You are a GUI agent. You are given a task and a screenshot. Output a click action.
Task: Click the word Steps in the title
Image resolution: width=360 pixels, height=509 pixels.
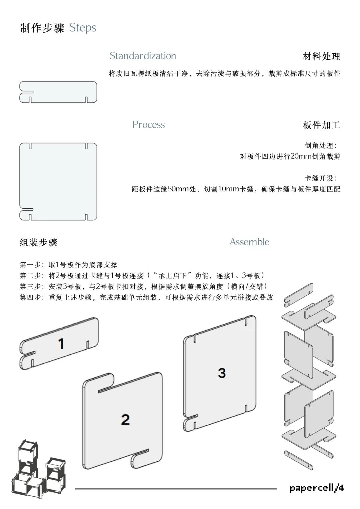[x=83, y=28]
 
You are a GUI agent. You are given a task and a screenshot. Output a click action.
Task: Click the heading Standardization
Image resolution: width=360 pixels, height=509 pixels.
[x=143, y=56]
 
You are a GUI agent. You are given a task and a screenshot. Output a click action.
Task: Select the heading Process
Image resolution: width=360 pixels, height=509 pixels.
[x=149, y=125]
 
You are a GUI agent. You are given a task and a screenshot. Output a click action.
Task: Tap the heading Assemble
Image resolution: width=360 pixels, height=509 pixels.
[x=249, y=242]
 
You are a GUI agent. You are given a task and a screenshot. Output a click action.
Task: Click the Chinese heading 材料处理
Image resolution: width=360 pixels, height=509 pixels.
[x=321, y=57]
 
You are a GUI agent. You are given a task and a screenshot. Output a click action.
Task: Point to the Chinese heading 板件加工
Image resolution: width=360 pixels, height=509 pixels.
[x=321, y=125]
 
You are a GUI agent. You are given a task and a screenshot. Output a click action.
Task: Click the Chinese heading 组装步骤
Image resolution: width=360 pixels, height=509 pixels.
[x=39, y=243]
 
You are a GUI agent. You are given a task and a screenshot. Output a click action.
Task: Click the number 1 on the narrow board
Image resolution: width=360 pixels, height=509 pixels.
[x=61, y=344]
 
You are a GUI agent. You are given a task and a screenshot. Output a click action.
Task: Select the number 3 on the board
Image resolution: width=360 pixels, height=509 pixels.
[x=222, y=373]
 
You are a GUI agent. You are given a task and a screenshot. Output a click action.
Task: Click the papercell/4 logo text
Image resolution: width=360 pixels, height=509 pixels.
[x=316, y=488]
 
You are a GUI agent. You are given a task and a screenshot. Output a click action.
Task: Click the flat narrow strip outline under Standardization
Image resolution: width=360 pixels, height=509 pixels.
[x=58, y=92]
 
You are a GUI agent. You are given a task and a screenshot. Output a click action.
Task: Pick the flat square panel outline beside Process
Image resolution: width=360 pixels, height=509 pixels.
[x=58, y=181]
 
